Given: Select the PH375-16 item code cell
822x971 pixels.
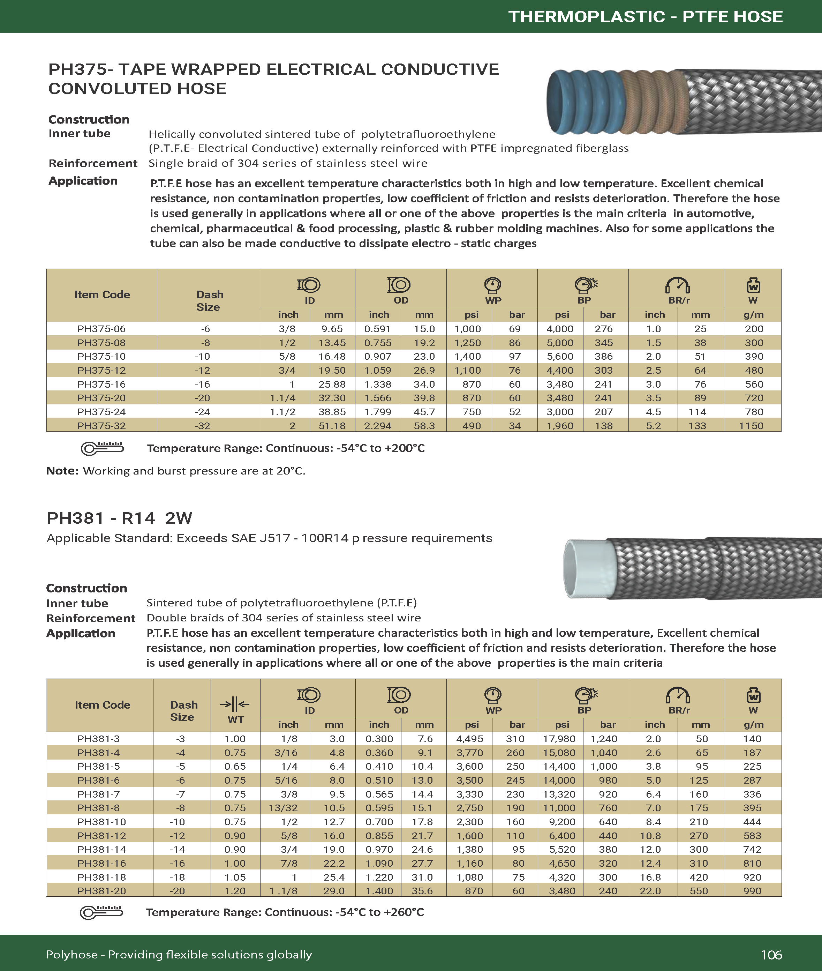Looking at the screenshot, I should [x=101, y=384].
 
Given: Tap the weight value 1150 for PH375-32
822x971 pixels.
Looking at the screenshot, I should [x=751, y=426].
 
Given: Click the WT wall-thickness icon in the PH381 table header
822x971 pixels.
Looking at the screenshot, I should [x=235, y=704].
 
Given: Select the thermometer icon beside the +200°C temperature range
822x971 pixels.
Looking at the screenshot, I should [x=102, y=448].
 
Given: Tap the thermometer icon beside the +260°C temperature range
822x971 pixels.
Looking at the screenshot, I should [x=101, y=912].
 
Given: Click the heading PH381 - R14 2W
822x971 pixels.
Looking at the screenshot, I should [x=119, y=518].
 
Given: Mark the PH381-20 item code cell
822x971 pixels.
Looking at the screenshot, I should [x=101, y=891].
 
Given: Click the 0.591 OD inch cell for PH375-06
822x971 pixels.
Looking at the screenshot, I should [x=378, y=329].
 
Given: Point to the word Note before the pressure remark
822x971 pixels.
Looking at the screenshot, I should [x=62, y=471].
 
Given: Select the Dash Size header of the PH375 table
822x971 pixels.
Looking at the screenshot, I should [x=209, y=301].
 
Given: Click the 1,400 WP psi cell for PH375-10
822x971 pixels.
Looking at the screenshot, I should [x=468, y=356].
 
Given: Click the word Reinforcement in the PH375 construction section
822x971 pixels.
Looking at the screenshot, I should [x=93, y=163].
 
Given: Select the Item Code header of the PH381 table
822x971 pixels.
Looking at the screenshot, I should [x=103, y=705].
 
